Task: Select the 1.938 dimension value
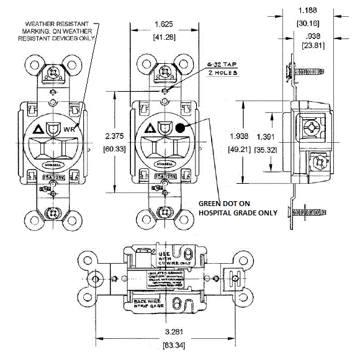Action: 240,136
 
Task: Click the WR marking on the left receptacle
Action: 70,130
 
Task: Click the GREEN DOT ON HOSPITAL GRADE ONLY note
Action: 238,207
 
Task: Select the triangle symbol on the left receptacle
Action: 38,130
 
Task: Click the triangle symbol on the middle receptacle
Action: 149,129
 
